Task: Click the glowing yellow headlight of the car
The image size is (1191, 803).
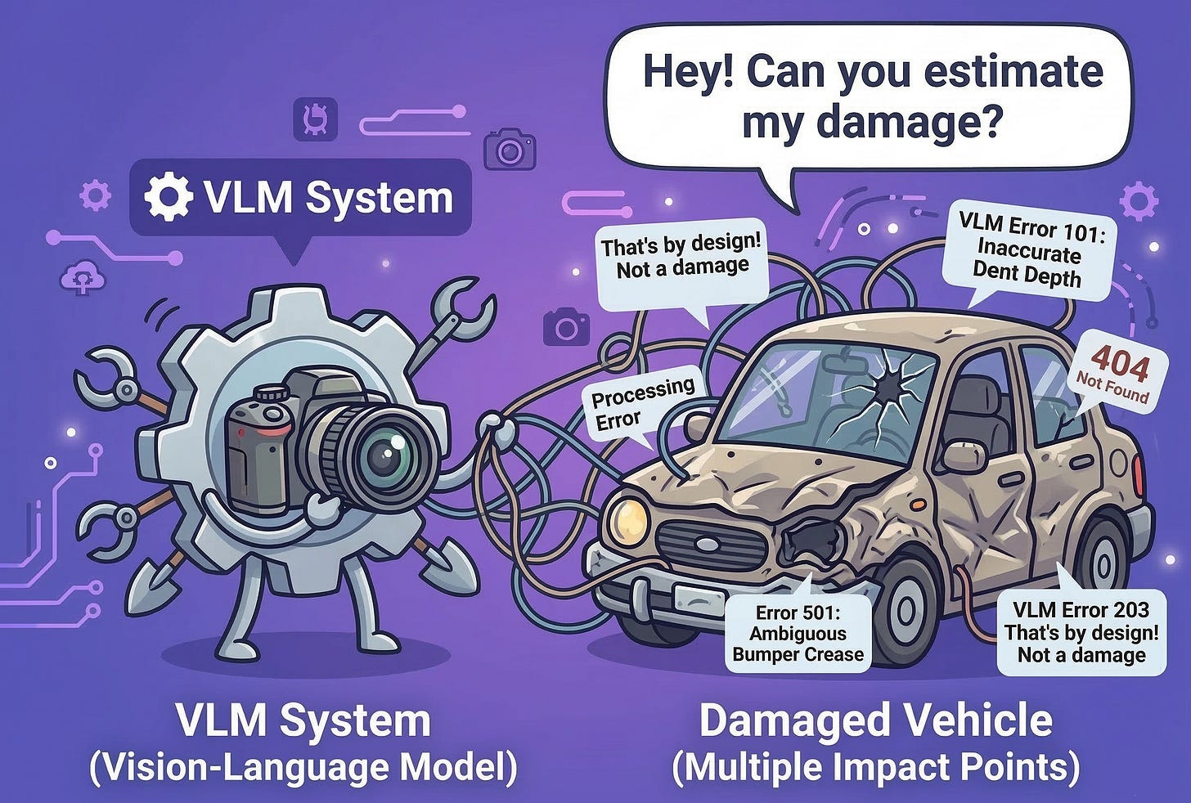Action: (631, 518)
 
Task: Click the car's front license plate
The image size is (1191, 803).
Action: (700, 599)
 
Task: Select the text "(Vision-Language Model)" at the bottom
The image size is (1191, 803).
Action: (303, 767)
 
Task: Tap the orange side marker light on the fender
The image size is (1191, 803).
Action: (918, 503)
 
